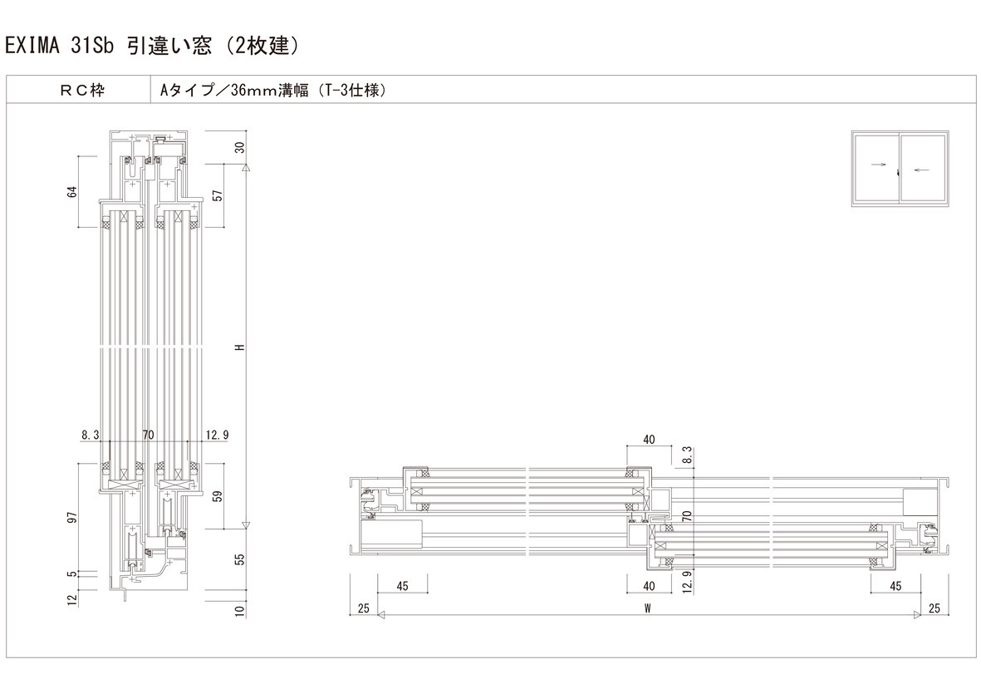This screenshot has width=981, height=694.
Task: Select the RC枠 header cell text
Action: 81,90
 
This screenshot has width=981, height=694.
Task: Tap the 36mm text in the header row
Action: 253,90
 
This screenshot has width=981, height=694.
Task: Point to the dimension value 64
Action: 72,192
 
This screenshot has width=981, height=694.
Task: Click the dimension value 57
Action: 218,196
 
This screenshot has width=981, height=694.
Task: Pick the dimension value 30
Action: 240,148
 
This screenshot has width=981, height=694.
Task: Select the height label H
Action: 240,347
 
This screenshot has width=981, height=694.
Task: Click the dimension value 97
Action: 72,519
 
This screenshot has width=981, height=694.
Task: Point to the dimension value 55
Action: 240,559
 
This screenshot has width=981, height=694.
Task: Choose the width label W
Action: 646,608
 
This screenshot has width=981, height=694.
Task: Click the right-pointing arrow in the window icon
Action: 878,165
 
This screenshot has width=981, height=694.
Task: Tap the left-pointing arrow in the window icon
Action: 920,171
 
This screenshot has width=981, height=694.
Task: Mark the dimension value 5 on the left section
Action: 72,573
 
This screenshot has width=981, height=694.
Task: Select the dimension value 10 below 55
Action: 240,612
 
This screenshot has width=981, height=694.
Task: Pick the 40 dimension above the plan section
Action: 650,439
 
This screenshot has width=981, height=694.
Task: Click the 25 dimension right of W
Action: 934,608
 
